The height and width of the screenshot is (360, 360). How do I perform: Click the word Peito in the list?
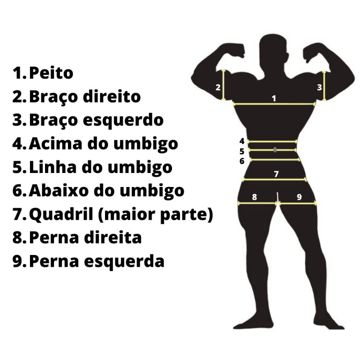coord(51,73)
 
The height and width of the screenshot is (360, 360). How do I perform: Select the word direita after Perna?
coord(115,238)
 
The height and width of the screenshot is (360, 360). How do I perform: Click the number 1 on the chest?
coord(274,98)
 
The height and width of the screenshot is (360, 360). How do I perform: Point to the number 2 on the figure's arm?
coord(218,87)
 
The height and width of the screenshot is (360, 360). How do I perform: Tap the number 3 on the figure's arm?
coord(319,87)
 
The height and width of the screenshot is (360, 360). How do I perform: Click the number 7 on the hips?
coord(277,174)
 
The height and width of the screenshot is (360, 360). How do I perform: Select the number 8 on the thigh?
coord(255,197)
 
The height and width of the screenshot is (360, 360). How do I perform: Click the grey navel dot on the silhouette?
coord(275,150)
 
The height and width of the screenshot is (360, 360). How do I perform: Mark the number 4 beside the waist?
coord(242,141)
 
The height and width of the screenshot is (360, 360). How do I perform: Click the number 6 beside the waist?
coord(242,161)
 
